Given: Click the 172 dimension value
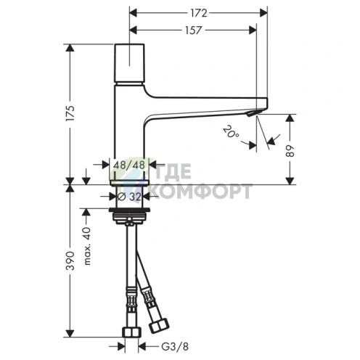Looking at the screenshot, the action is [199, 13].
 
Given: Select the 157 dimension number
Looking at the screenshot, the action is [193, 30].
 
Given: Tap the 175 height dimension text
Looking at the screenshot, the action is [70, 113].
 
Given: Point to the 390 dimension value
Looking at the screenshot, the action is [70, 261].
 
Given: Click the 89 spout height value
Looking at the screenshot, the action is [290, 151].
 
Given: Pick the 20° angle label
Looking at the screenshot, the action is [231, 132].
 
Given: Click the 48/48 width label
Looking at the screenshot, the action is [129, 165].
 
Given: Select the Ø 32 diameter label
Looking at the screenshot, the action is [129, 197].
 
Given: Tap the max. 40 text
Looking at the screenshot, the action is [87, 246].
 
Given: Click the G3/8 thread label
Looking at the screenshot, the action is [175, 347].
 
